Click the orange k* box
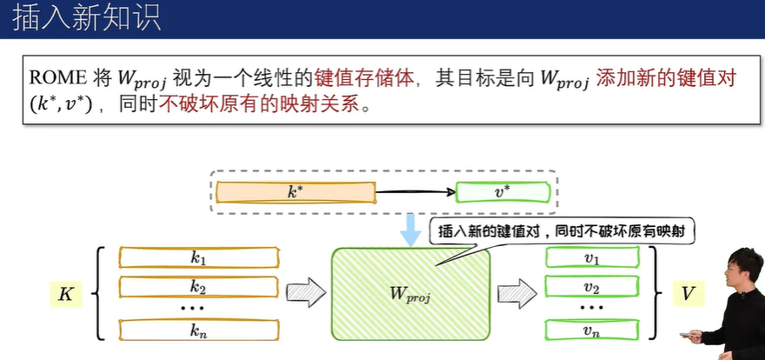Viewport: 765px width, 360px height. (x=296, y=192)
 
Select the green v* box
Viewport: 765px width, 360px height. (x=502, y=192)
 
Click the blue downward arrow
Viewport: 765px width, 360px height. (x=409, y=228)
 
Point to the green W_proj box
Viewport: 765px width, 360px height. (x=410, y=292)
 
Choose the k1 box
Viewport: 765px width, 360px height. (x=199, y=257)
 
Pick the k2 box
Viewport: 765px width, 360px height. (x=199, y=286)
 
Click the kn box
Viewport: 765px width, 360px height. (x=199, y=330)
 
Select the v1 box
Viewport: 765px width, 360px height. (x=592, y=258)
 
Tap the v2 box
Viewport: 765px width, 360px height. (x=592, y=287)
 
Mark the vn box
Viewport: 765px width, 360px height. (x=592, y=330)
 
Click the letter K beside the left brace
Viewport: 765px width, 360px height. (x=65, y=294)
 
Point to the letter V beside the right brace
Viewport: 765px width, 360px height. (x=688, y=294)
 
